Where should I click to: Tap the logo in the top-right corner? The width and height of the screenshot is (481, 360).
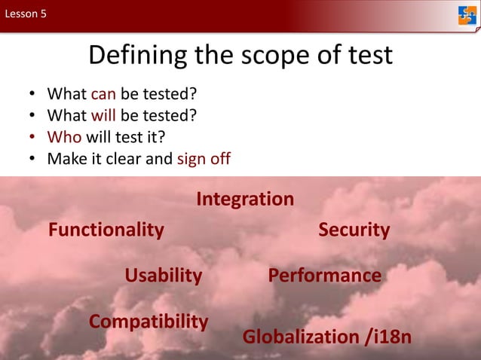click(x=467, y=15)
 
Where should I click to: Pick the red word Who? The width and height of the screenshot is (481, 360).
click(x=63, y=138)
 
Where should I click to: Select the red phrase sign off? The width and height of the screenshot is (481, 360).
click(x=204, y=160)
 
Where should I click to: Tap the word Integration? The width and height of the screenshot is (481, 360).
click(x=245, y=200)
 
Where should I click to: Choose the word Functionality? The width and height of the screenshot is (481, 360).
click(x=106, y=230)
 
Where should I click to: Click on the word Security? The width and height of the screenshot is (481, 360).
click(x=354, y=230)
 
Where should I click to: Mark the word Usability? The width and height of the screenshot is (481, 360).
click(x=164, y=276)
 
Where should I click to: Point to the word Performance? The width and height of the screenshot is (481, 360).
click(x=324, y=276)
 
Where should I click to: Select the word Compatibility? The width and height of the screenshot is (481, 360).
click(x=149, y=322)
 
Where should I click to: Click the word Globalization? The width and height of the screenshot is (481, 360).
click(x=301, y=337)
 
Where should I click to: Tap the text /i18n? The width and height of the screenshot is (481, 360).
click(x=388, y=337)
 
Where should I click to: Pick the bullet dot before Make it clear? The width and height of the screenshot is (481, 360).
click(x=32, y=160)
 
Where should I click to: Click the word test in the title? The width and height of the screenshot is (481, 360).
click(x=365, y=55)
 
